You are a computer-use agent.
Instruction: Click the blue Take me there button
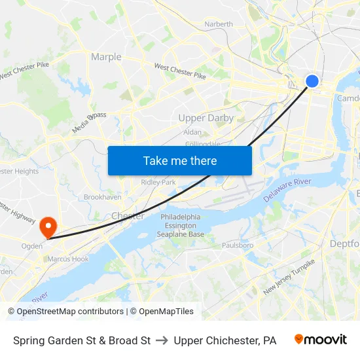179,160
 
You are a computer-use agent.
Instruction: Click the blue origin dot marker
312,81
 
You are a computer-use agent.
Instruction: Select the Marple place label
106,57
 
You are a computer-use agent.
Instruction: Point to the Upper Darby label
206,118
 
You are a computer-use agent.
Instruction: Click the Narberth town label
219,24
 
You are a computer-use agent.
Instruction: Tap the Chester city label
128,216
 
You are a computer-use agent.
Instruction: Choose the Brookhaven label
103,196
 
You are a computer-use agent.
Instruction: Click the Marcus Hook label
67,259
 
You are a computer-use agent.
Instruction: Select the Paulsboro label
238,245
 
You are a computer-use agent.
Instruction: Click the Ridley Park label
158,182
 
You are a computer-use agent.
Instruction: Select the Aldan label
192,132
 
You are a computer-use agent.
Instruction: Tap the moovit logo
320,340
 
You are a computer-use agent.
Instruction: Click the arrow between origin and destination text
162,340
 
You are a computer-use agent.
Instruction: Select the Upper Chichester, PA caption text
225,340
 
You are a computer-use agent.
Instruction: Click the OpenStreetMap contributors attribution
66,312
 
